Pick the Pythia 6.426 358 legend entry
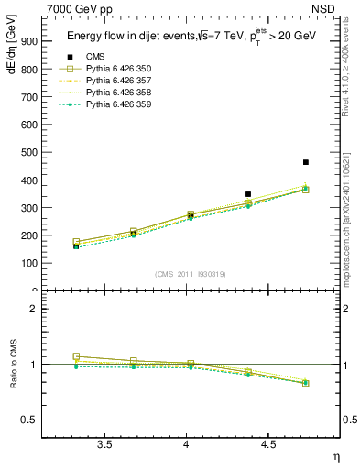(x=114, y=93)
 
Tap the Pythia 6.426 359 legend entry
(x=114, y=104)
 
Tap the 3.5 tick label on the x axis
(x=104, y=444)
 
